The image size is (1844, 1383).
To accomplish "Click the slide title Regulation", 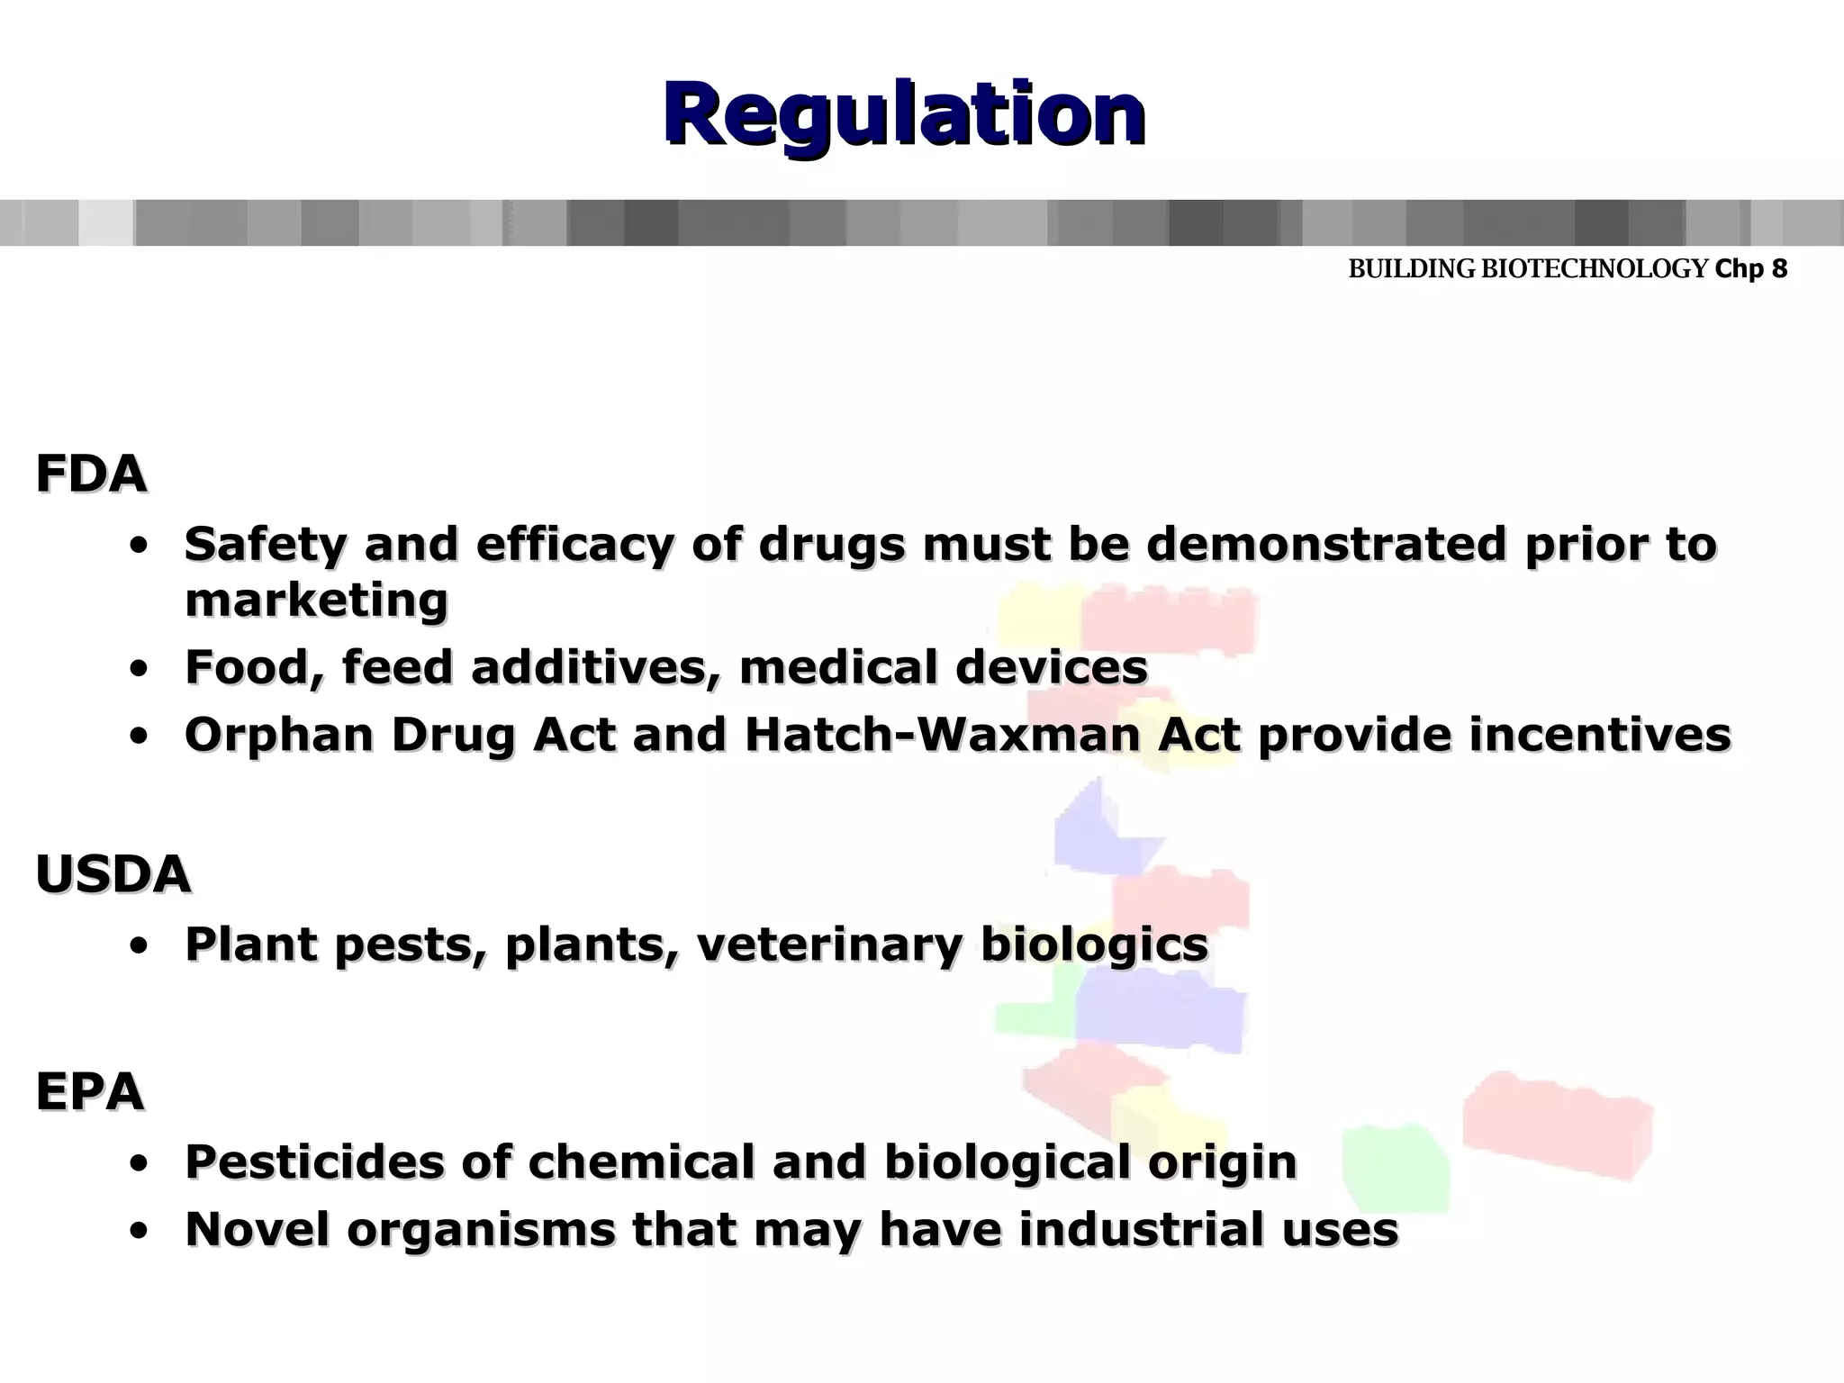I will click(904, 115).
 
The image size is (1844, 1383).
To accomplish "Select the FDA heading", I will click(91, 475).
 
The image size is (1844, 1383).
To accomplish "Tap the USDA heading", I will click(113, 874).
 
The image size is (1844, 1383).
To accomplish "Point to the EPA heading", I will click(90, 1092).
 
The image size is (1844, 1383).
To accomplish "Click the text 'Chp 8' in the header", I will click(1751, 268).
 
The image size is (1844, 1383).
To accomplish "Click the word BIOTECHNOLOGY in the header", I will click(1595, 268).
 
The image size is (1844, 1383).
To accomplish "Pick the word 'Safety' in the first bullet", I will click(265, 545).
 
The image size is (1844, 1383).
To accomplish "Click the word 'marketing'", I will click(316, 600).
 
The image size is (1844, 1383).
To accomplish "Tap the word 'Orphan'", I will click(279, 736).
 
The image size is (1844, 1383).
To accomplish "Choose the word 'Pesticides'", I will click(314, 1162).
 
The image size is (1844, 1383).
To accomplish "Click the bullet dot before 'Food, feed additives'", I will click(139, 669).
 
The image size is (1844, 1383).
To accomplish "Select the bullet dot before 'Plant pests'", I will click(139, 946).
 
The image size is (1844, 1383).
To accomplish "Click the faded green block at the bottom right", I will click(1396, 1166).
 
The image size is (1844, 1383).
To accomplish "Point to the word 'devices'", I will click(1051, 667).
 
